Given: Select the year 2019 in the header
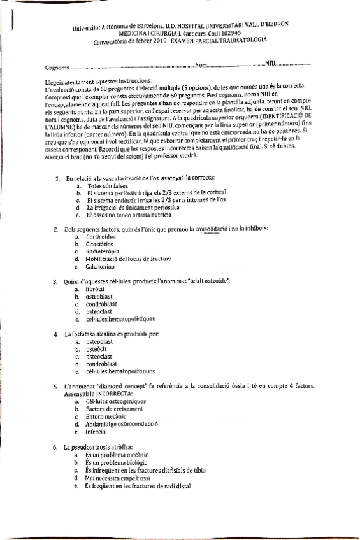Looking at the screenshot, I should coord(159,41).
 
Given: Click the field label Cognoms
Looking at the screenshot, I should coord(56,67).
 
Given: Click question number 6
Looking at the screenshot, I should coord(55,448).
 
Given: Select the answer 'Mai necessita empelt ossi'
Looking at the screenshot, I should coord(113,478).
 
